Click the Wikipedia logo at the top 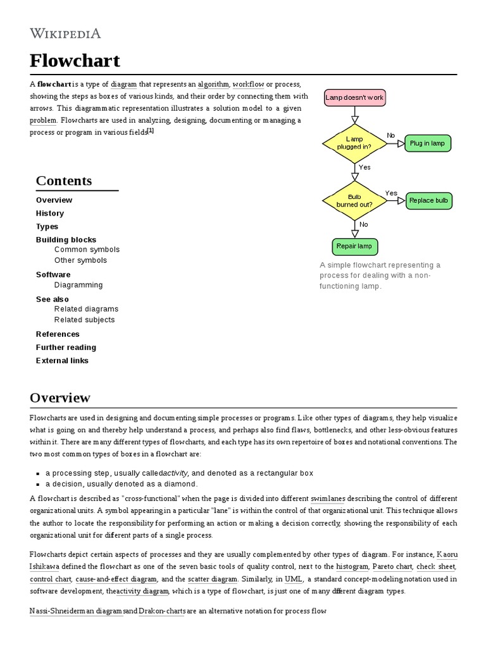[65, 33]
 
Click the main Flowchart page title [75, 61]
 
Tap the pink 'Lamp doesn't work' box [354, 98]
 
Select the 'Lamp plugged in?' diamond [354, 143]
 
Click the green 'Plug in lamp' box [427, 143]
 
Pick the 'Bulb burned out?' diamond [354, 201]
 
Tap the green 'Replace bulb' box [428, 201]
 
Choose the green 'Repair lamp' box [354, 246]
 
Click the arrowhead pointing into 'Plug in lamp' [401, 143]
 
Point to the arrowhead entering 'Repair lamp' [354, 234]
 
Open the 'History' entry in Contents [50, 214]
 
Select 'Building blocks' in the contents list [66, 240]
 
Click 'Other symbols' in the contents [80, 260]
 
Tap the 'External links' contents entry [62, 361]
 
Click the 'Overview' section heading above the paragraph [60, 398]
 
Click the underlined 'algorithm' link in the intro [213, 84]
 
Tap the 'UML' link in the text [294, 579]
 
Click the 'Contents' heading [64, 181]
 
